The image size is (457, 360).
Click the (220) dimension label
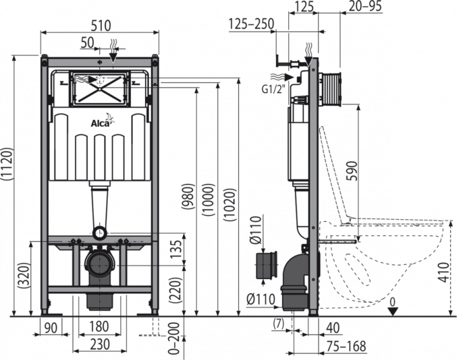click(175, 289)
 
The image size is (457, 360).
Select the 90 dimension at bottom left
click(51, 326)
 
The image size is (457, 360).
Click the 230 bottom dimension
click(100, 343)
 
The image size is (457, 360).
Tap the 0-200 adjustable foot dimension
click(174, 341)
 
